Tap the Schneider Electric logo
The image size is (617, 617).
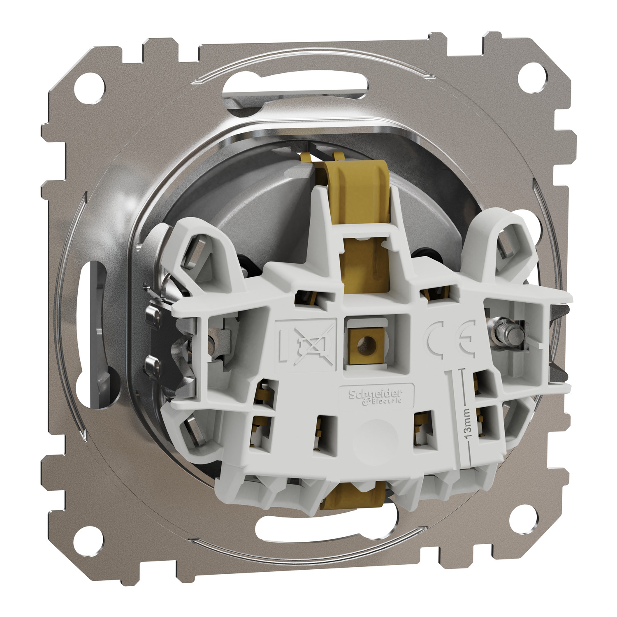coord(376,397)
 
